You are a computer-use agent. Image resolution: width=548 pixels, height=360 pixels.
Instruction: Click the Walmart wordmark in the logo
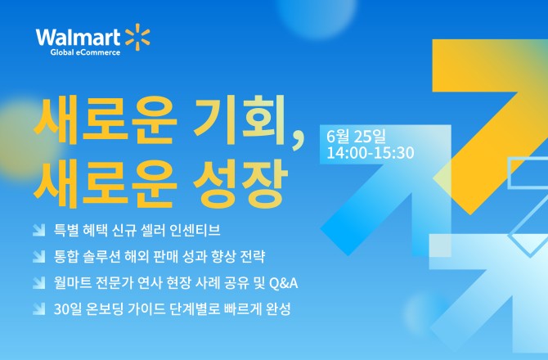click(x=78, y=38)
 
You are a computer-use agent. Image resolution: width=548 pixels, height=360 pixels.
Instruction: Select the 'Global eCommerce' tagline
click(x=85, y=52)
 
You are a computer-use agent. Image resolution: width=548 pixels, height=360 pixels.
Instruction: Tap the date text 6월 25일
click(x=356, y=136)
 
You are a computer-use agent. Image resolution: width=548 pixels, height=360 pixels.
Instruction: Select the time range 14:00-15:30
click(x=371, y=153)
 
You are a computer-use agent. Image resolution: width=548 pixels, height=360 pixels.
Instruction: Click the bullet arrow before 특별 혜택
click(x=38, y=231)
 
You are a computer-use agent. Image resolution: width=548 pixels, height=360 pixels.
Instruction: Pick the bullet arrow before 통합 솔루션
click(x=38, y=257)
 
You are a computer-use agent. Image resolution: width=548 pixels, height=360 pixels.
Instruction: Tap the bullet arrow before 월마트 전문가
click(x=38, y=283)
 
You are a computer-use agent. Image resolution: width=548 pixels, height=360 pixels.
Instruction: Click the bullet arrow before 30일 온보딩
click(x=38, y=309)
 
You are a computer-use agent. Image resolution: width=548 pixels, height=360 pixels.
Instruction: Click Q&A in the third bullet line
click(x=284, y=283)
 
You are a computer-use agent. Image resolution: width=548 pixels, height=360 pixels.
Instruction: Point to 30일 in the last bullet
click(x=67, y=309)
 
